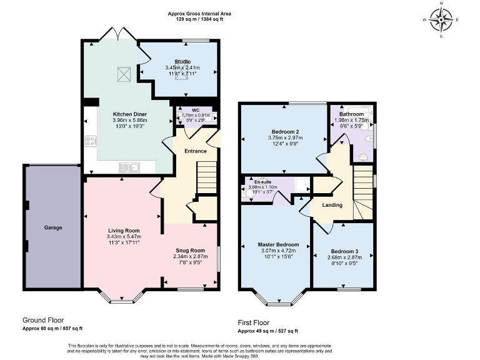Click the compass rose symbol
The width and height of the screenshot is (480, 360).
click(442, 19)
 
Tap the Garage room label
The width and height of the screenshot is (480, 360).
click(53, 227)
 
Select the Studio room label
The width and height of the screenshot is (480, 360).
click(182, 61)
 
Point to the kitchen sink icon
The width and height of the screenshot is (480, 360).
click(131, 167)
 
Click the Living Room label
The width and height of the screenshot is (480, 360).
click(123, 231)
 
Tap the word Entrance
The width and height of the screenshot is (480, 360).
click(195, 151)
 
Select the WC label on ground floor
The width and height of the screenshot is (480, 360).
click(196, 110)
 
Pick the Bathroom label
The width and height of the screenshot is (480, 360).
click(351, 114)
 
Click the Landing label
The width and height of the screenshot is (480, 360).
click(332, 205)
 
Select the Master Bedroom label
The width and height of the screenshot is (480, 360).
click(278, 244)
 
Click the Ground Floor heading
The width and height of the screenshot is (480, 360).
click(43, 320)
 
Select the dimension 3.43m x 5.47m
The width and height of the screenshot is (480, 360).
click(124, 237)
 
